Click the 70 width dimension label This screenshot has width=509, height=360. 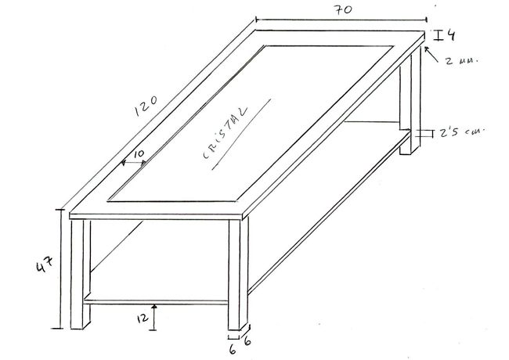coord(343,9)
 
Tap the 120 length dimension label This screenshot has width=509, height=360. coord(146,106)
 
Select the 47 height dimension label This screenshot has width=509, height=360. coord(45,264)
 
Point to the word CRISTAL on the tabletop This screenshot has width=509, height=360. coord(225,133)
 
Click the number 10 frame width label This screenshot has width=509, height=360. coord(139,153)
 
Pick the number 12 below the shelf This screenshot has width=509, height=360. coord(143,319)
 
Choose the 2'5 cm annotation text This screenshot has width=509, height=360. coord(461,132)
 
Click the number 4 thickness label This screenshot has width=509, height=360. coord(450,34)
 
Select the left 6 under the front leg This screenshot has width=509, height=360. coord(233,350)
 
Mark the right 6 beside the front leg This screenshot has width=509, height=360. coord(247,341)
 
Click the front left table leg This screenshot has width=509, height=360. coord(80,274)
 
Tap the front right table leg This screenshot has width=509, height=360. coord(239,275)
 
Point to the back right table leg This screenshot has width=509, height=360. coord(410,100)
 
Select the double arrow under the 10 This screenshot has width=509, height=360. coord(134,162)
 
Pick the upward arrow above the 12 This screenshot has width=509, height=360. coord(154,317)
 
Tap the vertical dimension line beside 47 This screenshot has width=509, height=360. coord(60,269)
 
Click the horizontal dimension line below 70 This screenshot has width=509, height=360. coord(341,20)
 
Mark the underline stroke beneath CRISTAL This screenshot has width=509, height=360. coord(241,135)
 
